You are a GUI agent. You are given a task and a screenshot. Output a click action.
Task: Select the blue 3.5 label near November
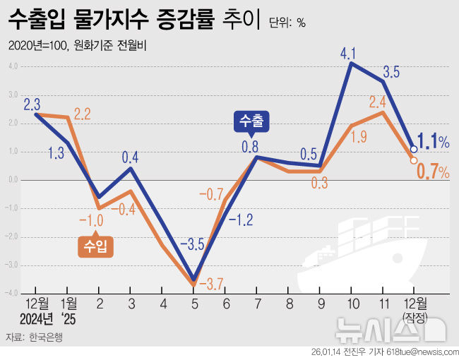click(391, 71)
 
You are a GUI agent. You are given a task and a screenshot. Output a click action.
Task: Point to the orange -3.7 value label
click(212, 284)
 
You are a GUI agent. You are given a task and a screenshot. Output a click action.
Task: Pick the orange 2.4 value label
click(377, 101)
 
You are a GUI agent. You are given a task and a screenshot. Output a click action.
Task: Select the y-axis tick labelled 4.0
click(13, 66)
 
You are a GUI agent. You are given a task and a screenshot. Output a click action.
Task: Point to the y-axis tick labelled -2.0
click(12, 237)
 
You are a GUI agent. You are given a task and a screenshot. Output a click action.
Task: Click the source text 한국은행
click(46, 337)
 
